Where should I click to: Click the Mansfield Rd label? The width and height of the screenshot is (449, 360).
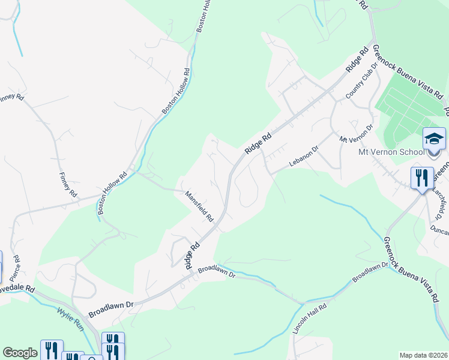click(199, 206)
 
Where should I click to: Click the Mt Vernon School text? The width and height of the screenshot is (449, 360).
click(392, 152)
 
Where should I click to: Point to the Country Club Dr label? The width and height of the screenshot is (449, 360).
click(361, 82)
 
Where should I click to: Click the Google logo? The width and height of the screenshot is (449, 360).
click(20, 353)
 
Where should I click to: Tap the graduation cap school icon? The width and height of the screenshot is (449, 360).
click(434, 139)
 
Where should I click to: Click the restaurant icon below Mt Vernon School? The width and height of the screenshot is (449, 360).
click(422, 178)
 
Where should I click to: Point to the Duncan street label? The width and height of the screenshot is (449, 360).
click(439, 229)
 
